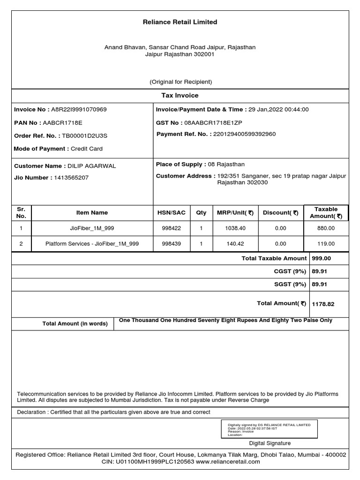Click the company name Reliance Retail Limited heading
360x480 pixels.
coord(180,22)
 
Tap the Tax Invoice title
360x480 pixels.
coord(180,96)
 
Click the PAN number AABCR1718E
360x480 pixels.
coord(62,123)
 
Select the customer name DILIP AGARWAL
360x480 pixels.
coord(92,166)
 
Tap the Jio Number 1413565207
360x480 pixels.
coord(71,178)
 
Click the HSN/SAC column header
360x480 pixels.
coord(172,213)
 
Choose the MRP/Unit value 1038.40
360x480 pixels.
coord(235,228)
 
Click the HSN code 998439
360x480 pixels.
coord(172,244)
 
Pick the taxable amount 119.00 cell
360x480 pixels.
coord(326,244)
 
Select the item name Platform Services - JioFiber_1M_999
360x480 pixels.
coord(92,244)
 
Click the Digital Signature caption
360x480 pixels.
coord(270,443)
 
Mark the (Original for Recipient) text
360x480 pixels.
coord(180,82)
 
